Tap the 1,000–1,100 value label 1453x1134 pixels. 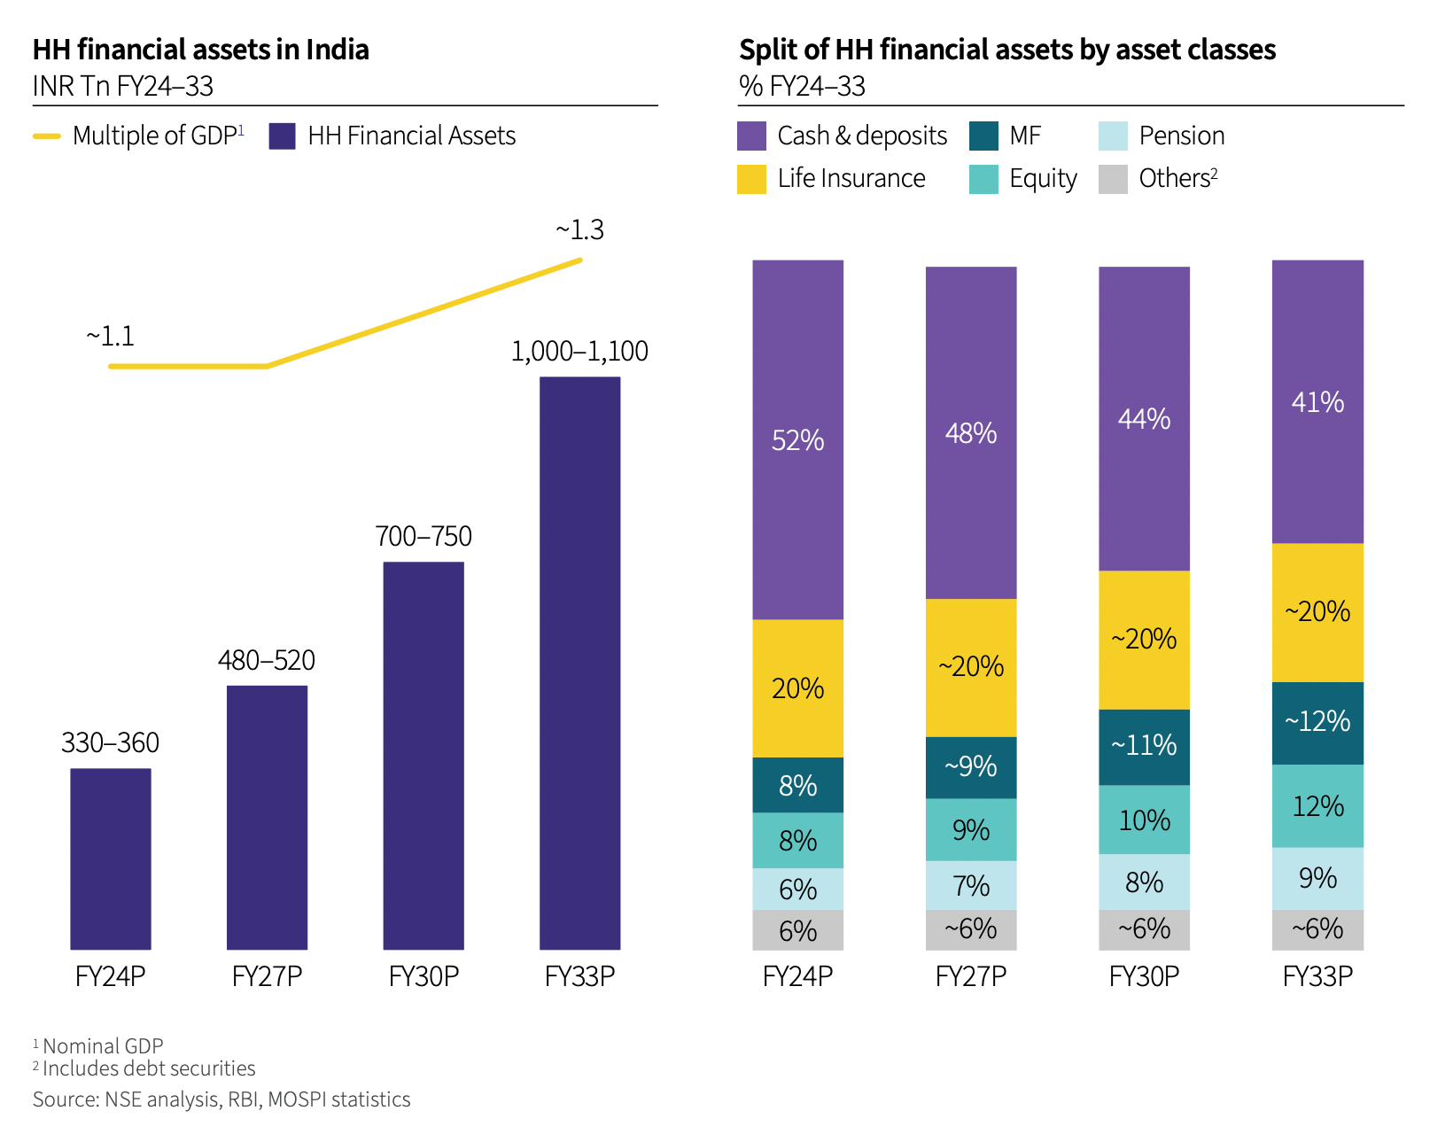[x=579, y=352]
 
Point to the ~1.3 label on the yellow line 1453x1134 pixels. [x=579, y=230]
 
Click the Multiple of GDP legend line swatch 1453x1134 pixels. [x=47, y=136]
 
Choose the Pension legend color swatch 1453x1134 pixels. [x=1113, y=136]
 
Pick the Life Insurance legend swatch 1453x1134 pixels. [x=751, y=179]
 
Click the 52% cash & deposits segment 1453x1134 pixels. [x=797, y=440]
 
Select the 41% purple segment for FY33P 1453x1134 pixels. [x=1317, y=402]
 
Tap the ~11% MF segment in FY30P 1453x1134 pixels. [x=1144, y=746]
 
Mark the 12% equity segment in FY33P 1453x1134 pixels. [x=1317, y=806]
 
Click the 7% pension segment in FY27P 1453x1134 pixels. [x=971, y=885]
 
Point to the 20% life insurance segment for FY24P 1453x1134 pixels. [x=797, y=688]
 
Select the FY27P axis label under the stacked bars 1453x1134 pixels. [x=971, y=976]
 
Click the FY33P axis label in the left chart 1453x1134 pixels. [x=579, y=976]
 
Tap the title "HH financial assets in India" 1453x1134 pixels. [x=201, y=50]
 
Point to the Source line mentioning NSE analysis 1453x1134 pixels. [x=221, y=1099]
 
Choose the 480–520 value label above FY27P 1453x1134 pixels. [x=267, y=661]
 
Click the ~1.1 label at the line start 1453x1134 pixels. [x=111, y=337]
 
